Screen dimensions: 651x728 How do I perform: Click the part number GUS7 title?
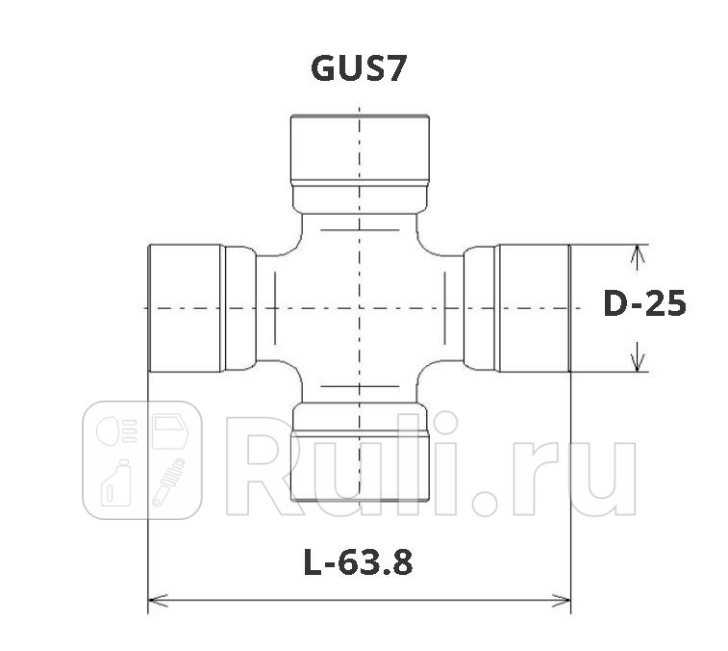(359, 69)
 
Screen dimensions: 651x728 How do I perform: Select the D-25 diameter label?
(644, 304)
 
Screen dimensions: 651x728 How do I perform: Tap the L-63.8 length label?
(358, 562)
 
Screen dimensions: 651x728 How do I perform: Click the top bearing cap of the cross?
(359, 148)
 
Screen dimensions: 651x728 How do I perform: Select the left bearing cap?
(185, 308)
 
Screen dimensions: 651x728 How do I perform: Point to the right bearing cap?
(533, 308)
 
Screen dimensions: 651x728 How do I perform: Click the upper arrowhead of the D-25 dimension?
(636, 252)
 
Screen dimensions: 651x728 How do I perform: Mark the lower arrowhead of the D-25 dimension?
(636, 363)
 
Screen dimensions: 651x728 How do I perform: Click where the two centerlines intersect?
(359, 308)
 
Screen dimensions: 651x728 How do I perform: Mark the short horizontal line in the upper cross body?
(359, 230)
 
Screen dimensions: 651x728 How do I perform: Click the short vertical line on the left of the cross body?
(275, 308)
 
